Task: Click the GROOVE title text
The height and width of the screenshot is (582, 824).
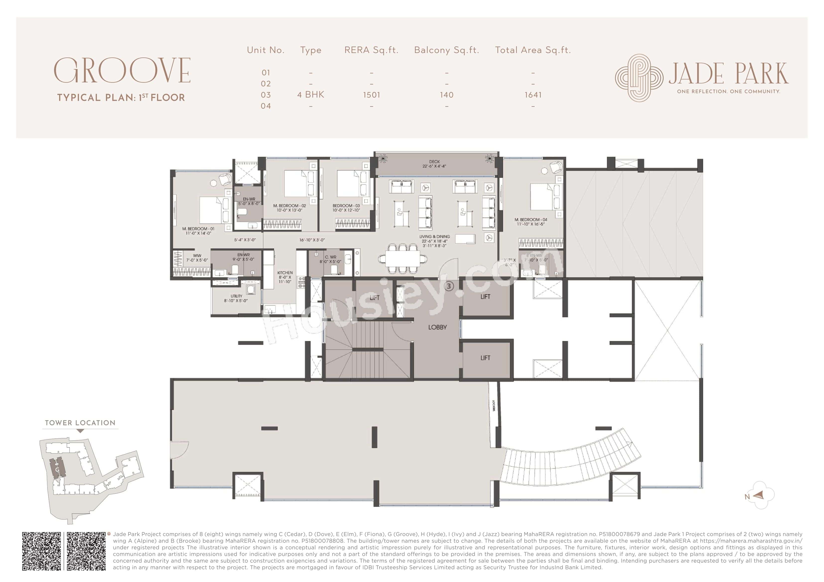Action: click(122, 71)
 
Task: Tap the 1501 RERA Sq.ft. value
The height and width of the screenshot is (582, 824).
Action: click(371, 95)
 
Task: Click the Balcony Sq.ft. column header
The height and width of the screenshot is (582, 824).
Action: click(446, 50)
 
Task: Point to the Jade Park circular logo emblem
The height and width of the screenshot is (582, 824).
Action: click(639, 78)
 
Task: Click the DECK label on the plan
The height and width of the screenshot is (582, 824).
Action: click(434, 162)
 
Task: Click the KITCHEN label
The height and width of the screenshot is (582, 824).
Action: click(285, 273)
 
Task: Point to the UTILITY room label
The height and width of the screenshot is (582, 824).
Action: click(236, 296)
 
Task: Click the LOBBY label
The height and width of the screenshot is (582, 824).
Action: click(437, 327)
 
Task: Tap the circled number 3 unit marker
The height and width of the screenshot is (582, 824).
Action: click(449, 286)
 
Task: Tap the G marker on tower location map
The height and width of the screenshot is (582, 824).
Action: click(57, 469)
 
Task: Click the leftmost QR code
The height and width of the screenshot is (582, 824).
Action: click(42, 551)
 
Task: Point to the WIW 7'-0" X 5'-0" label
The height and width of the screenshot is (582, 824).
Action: click(197, 258)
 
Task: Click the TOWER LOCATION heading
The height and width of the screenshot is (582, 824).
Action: click(80, 423)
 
